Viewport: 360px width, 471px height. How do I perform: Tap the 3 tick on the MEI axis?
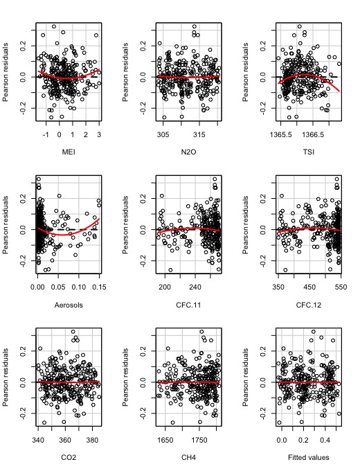click(x=98, y=135)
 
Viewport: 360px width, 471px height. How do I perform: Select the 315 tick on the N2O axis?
click(x=199, y=135)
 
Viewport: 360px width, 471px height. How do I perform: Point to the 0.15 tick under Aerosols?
click(x=98, y=287)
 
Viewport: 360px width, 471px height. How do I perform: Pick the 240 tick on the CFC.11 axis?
click(x=195, y=287)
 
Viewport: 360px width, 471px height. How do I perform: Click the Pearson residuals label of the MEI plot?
click(x=7, y=70)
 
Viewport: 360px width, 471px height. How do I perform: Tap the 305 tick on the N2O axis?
click(x=163, y=135)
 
